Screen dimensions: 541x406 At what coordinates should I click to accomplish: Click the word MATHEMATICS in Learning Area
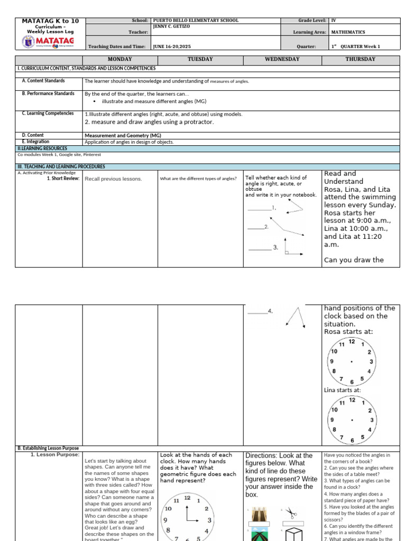click(x=348, y=32)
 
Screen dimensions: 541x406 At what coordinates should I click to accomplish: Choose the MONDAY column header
click(x=120, y=59)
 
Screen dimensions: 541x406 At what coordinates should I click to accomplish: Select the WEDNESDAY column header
click(x=282, y=59)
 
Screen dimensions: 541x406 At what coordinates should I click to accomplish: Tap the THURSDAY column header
click(x=361, y=59)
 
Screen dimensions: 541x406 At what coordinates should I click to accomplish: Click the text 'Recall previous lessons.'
click(x=114, y=179)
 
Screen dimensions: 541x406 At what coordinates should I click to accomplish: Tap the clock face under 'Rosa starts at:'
click(x=352, y=362)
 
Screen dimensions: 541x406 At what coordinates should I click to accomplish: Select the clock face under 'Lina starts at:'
click(x=352, y=420)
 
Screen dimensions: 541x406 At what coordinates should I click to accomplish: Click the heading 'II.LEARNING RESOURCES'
click(x=40, y=149)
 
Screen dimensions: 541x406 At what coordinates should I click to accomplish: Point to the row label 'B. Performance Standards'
click(x=48, y=94)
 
